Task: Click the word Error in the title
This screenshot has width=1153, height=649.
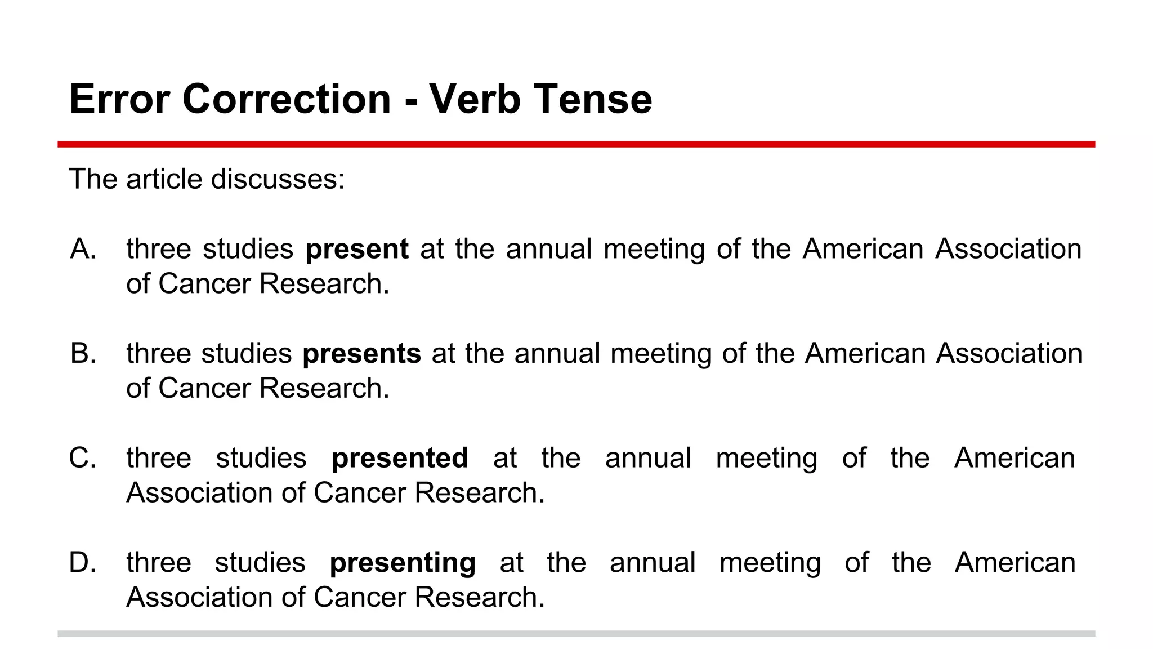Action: [x=119, y=99]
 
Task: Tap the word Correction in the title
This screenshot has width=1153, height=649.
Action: [x=287, y=99]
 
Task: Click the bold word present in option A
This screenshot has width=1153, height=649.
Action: [x=356, y=249]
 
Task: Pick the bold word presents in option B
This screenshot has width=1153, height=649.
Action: [x=361, y=354]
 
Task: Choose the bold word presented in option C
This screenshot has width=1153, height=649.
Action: [x=400, y=458]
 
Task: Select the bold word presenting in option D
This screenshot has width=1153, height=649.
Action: [x=403, y=563]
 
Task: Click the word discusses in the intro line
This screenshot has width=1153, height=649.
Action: [x=277, y=179]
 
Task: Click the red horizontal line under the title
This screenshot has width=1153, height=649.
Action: [x=576, y=144]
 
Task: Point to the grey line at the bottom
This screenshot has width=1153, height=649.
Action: [x=576, y=634]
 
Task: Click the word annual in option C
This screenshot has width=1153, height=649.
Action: [x=647, y=458]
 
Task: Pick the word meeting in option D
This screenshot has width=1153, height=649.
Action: [x=770, y=563]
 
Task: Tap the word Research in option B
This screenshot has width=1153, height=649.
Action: [x=324, y=388]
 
